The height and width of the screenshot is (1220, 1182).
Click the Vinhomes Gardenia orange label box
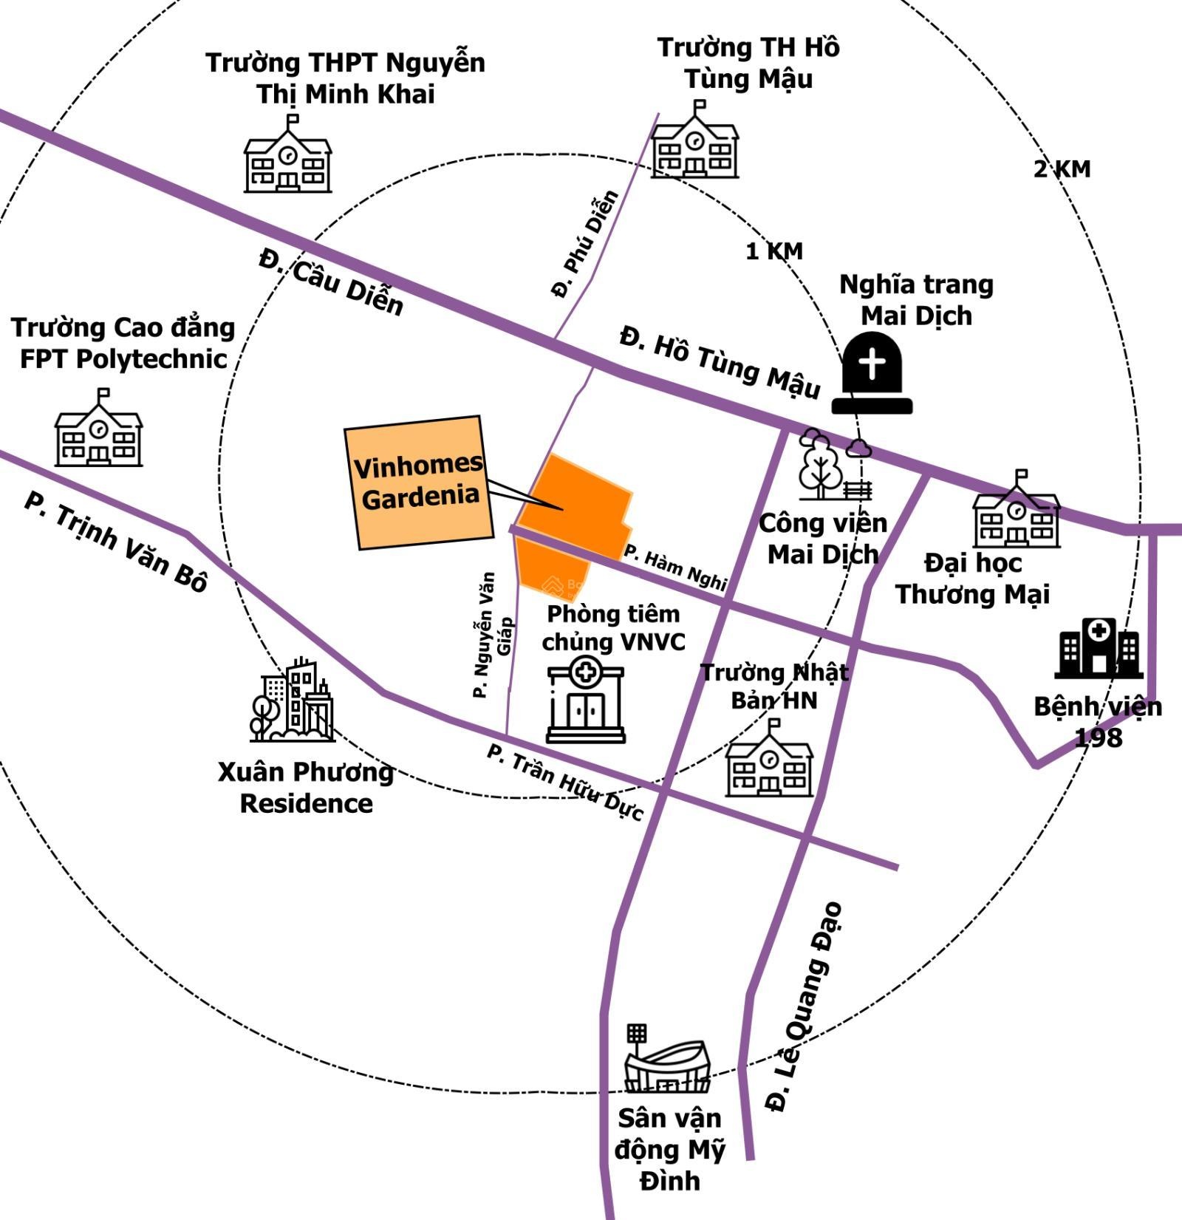point(418,482)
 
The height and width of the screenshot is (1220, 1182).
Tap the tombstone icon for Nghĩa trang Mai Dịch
point(872,374)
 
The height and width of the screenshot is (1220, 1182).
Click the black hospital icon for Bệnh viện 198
point(1099,648)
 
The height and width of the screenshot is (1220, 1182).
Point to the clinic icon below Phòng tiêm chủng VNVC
point(586,702)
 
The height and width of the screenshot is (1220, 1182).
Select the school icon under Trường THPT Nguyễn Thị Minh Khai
point(287,157)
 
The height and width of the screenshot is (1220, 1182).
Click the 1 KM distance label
point(773,252)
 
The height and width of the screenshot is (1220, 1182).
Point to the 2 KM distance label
point(1062,169)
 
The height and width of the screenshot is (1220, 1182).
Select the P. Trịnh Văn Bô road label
point(116,542)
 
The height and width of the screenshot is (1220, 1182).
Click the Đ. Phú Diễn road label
point(584,245)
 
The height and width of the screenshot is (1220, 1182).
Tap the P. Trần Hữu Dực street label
point(564,782)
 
